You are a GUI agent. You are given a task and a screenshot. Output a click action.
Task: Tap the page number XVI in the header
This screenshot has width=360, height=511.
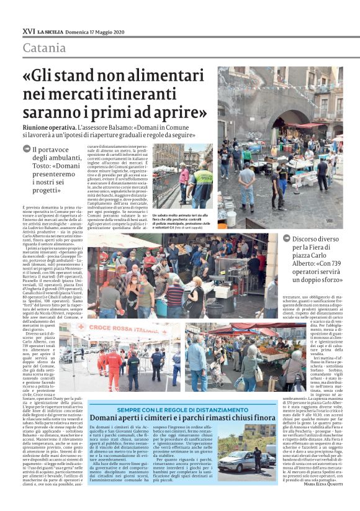click(x=28, y=31)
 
